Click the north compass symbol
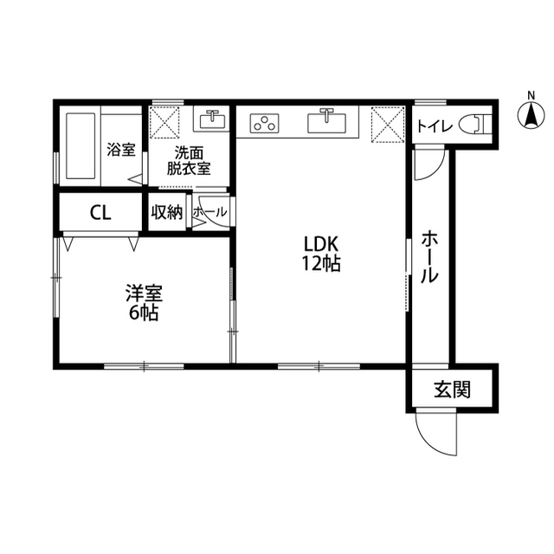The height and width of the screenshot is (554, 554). tap(531, 112)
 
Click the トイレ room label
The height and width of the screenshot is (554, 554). tap(435, 126)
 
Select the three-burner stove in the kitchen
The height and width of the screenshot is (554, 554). tap(265, 123)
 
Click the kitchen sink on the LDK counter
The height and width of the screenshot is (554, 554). tap(327, 121)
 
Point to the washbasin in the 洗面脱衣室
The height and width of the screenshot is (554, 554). tap(212, 119)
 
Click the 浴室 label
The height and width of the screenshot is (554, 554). tap(121, 150)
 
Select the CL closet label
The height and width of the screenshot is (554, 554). tap(100, 213)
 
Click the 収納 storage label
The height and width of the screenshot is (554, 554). tap(167, 212)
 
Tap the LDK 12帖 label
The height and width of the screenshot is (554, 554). tap(321, 254)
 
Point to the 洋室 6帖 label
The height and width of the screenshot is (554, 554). tap(144, 303)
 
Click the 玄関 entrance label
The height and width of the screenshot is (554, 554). tap(452, 390)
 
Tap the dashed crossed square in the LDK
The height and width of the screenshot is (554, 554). tap(388, 125)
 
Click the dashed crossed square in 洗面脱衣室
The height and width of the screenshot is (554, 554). tap(164, 122)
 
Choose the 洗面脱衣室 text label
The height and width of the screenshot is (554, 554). tap(189, 161)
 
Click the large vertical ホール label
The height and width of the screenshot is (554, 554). tap(429, 256)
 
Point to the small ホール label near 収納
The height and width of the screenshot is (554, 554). tap(209, 212)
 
